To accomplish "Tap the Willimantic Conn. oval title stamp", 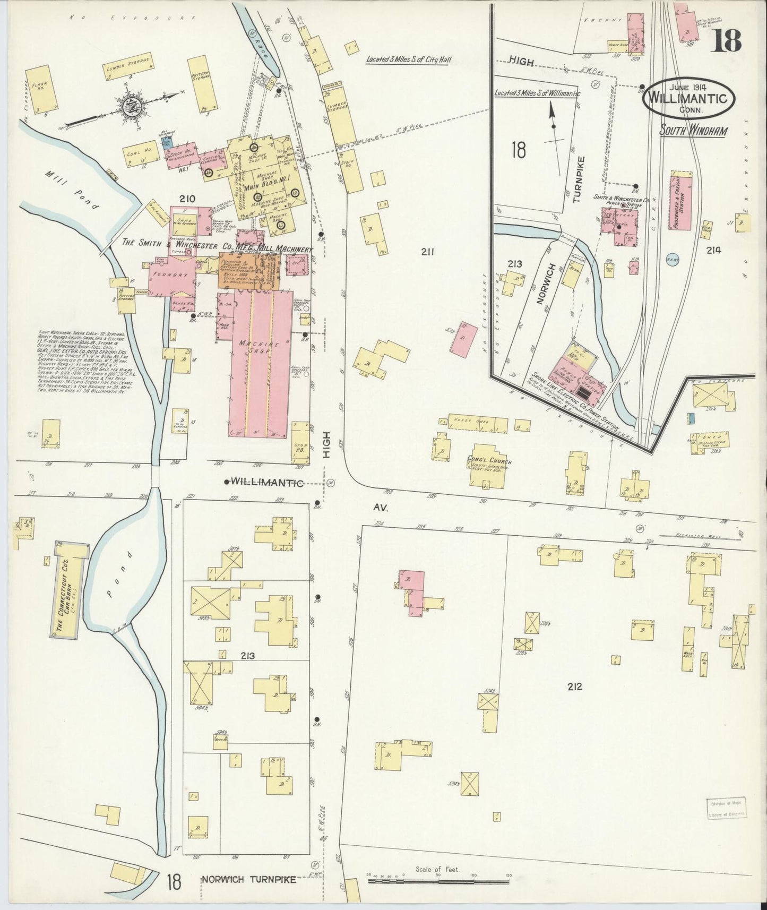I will pyautogui.click(x=688, y=99).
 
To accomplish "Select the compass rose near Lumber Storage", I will pyautogui.click(x=130, y=106).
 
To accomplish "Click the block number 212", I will pyautogui.click(x=574, y=686).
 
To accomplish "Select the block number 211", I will pyautogui.click(x=427, y=252).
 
